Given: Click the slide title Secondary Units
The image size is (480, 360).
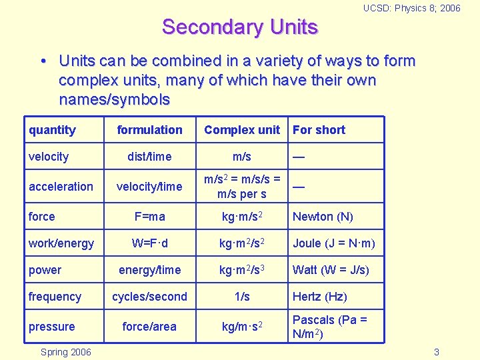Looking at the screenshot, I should pos(240,27).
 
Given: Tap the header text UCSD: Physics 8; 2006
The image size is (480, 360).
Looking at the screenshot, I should pos(411,8).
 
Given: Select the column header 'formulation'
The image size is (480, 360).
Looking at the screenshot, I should pos(149,130).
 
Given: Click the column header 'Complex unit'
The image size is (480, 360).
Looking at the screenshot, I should pos(242,130).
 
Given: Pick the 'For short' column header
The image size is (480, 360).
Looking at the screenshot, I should pos(319,130).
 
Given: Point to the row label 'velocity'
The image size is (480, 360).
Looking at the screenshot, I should pos(49,157).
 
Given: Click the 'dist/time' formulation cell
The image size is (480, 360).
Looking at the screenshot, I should pos(149,157).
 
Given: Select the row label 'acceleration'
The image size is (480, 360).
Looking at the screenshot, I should pos(61,187).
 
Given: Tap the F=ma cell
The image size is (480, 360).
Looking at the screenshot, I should pos(149,217).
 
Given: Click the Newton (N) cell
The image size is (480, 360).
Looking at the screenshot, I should pos(323,217).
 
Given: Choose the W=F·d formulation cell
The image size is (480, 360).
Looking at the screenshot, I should pos(149,243).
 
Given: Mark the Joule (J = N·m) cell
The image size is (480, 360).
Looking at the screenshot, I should pos(333,243).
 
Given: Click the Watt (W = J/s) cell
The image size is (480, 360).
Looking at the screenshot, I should pos(331,270).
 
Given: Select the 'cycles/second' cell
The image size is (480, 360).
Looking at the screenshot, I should pos(149,297).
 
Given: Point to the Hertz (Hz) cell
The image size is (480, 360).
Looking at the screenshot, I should pos(319,297).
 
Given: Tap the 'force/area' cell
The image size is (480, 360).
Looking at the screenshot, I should pos(149,327).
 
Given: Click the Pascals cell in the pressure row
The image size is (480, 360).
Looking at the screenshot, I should pos(329,327).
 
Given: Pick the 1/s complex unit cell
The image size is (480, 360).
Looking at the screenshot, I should pos(241,297).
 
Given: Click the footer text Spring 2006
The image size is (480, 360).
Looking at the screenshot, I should pos(66,352).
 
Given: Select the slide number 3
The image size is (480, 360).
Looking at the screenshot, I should pos(436,352).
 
